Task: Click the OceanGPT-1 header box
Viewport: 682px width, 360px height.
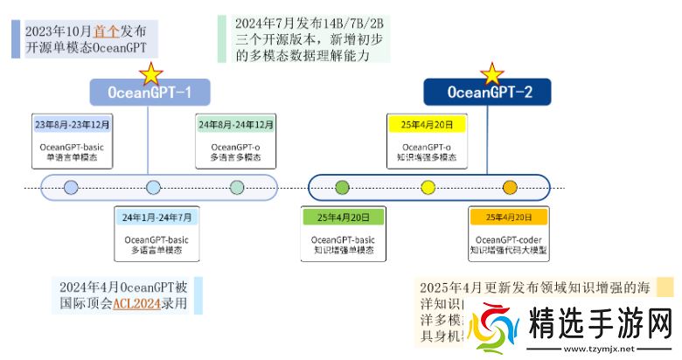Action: (x=150, y=91)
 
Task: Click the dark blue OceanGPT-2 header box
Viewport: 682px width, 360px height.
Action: (x=489, y=91)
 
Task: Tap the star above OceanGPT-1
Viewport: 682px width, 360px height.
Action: (x=151, y=73)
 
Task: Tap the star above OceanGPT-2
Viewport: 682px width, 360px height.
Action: (x=493, y=73)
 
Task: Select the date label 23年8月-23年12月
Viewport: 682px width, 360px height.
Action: (x=73, y=125)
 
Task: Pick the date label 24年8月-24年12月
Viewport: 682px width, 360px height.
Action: (x=237, y=125)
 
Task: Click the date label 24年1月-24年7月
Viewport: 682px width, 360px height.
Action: (x=157, y=217)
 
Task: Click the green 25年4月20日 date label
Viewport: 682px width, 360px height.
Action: (x=343, y=217)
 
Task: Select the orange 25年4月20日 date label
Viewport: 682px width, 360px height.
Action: (x=508, y=217)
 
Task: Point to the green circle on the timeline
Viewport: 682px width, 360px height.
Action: (x=342, y=186)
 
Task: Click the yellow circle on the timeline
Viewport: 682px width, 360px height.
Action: (x=428, y=186)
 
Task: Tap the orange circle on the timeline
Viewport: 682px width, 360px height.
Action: (x=510, y=186)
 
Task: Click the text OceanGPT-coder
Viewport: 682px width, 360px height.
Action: (x=508, y=239)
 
